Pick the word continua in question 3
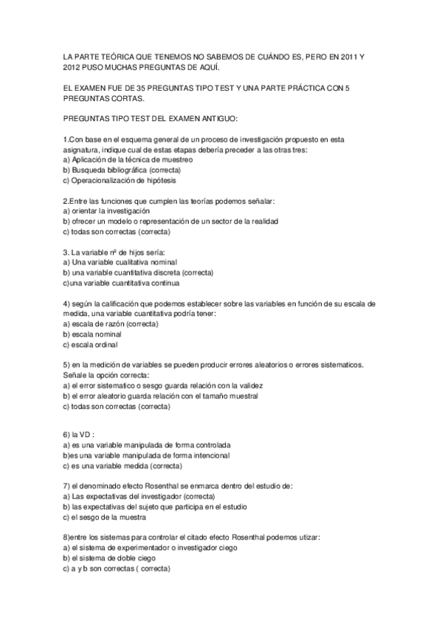point(162,283)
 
